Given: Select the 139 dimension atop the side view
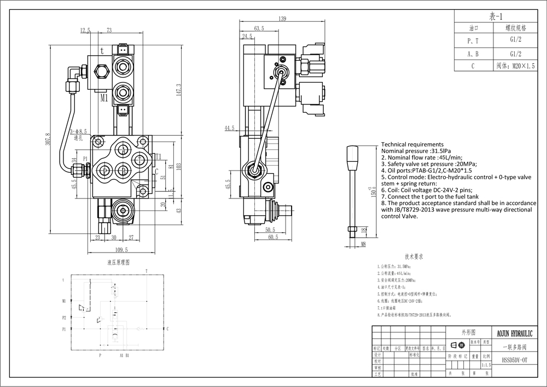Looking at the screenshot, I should coord(282,19).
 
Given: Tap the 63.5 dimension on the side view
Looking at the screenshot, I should coord(259,28).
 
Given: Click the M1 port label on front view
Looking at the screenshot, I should coord(104,99).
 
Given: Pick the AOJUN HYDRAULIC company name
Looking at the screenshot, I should coord(516,333).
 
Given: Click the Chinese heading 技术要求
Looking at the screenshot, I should coord(415,256).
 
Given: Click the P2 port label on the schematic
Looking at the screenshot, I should coord(64,317).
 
